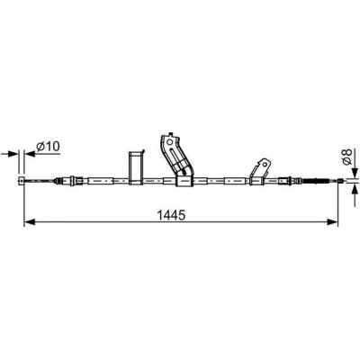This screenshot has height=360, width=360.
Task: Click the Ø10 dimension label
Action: tap(48, 147)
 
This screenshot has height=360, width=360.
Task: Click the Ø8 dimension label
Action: tap(347, 157)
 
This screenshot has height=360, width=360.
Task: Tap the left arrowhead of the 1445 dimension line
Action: tap(30, 222)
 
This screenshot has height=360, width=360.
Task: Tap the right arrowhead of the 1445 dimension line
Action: tap(332, 222)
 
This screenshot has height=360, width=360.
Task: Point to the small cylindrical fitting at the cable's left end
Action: tap(22, 181)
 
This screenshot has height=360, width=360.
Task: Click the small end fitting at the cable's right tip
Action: tap(340, 181)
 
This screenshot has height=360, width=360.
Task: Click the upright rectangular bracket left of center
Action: tap(136, 167)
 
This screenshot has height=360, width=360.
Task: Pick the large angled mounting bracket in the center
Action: tap(176, 156)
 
